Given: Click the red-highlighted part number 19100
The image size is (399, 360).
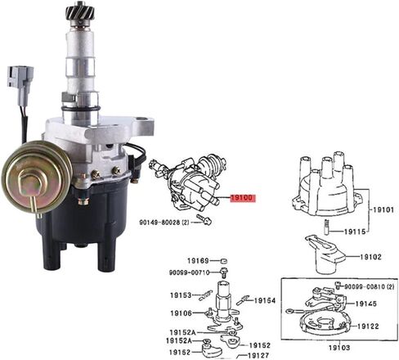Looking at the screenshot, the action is (243, 198).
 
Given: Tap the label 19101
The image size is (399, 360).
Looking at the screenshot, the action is (383, 210).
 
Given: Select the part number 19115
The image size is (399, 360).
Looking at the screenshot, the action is (355, 232).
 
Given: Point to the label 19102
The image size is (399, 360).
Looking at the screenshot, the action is (370, 257).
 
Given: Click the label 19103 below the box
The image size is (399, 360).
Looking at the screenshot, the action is (339, 348).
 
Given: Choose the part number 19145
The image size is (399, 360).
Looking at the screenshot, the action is (365, 304).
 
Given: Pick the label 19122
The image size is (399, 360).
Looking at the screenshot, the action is (368, 326).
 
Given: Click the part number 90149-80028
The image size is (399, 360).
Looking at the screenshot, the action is (159, 223).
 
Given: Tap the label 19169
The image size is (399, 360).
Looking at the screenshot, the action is (198, 261).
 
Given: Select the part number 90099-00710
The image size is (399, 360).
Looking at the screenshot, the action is (189, 272).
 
